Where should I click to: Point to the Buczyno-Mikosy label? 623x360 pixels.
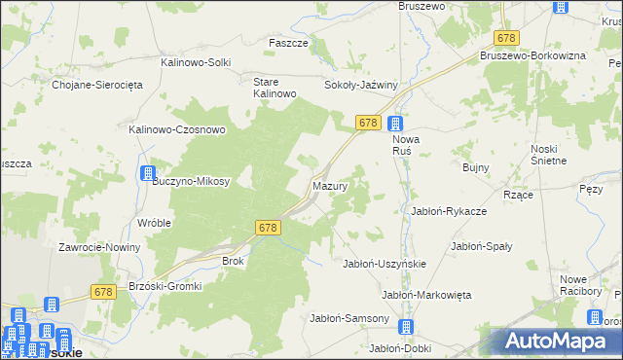tap(191, 181)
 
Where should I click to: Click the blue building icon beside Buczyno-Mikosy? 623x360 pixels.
tap(148, 174)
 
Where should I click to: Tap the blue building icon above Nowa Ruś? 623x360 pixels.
tap(395, 124)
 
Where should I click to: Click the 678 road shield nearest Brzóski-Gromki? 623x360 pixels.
tap(104, 291)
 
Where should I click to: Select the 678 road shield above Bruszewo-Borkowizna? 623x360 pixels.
tap(505, 37)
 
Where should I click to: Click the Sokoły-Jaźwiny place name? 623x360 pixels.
tap(361, 85)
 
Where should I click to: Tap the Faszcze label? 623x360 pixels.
tap(288, 44)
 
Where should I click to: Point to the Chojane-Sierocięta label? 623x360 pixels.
tap(97, 85)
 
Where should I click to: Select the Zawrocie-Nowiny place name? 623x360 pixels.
tap(99, 247)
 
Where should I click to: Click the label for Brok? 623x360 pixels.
tap(233, 262)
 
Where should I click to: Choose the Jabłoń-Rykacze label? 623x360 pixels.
tap(449, 211)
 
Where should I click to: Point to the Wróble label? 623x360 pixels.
tap(154, 223)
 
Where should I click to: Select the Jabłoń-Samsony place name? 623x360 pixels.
tap(349, 318)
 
